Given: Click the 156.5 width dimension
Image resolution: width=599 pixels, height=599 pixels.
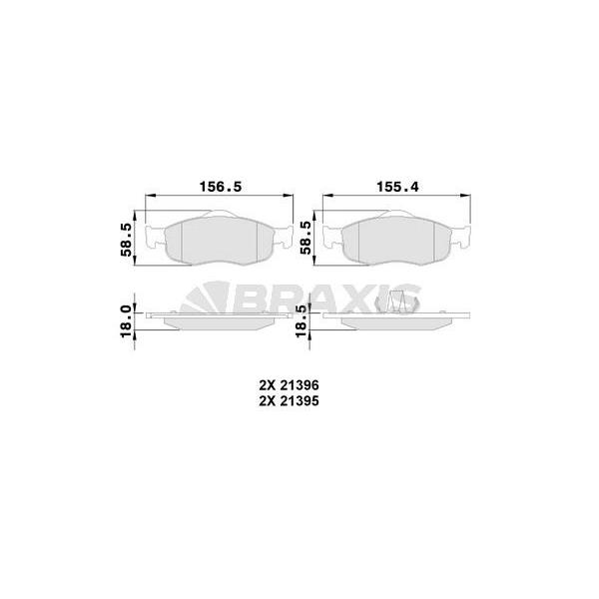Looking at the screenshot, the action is [x=221, y=187].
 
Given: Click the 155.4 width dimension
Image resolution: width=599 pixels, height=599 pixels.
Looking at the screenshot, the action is [x=397, y=187].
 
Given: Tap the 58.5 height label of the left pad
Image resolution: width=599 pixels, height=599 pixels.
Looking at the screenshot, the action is [x=126, y=240].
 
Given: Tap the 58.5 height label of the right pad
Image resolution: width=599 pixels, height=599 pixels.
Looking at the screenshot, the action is [x=305, y=238].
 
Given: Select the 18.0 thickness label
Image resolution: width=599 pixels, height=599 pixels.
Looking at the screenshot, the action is [x=126, y=321].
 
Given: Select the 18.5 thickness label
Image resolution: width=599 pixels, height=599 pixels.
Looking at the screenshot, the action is [x=301, y=321].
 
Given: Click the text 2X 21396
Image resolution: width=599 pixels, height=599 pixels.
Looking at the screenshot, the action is [x=289, y=385].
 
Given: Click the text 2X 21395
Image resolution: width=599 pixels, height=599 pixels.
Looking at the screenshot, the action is [x=289, y=401].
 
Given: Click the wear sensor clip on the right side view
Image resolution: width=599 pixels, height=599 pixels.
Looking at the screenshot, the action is [x=396, y=301].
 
